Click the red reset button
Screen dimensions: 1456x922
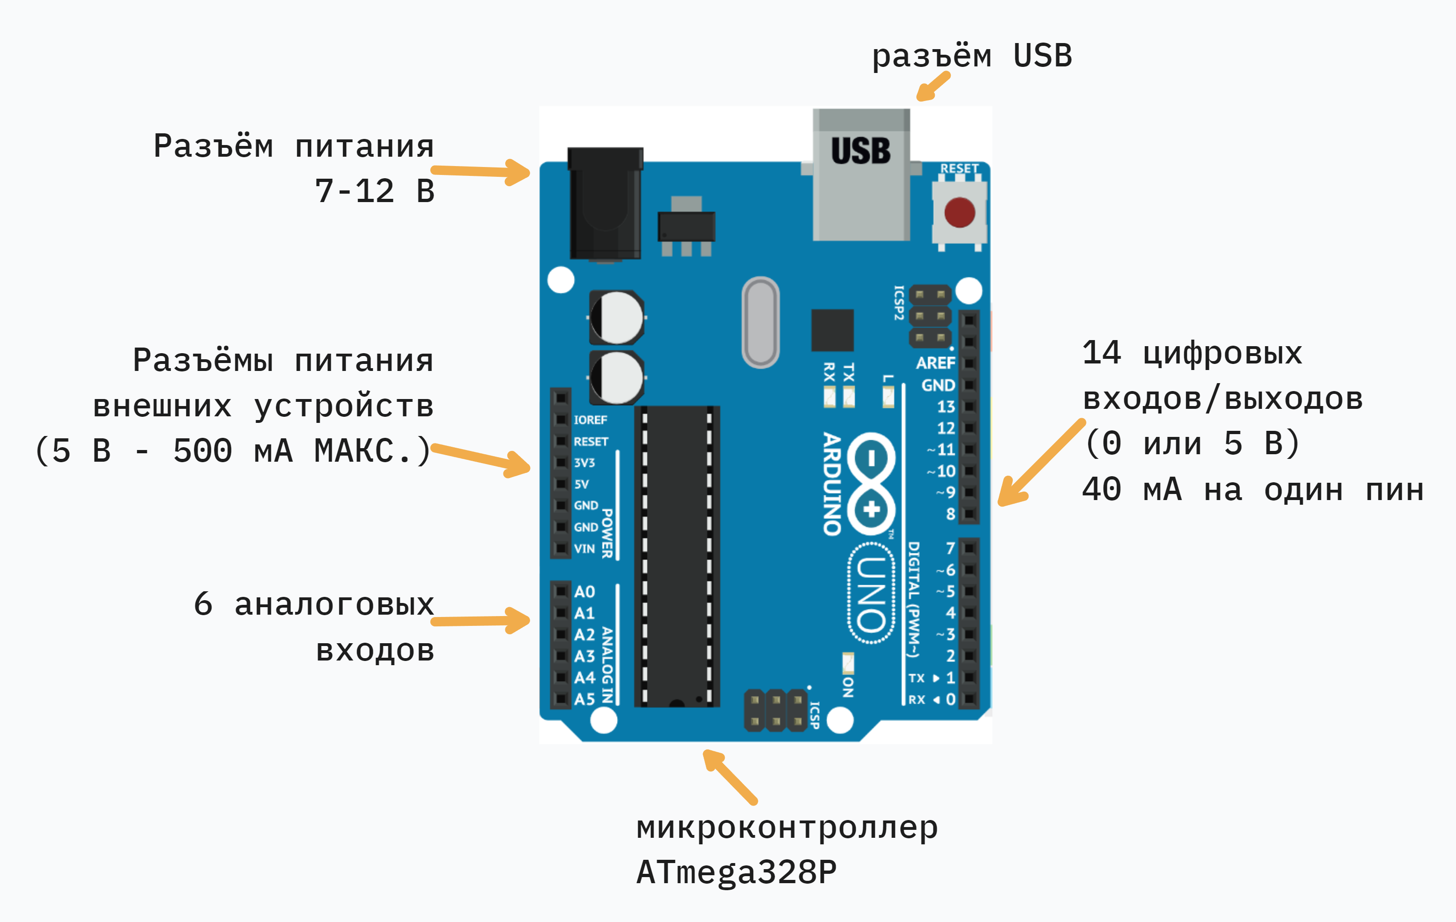[x=960, y=213]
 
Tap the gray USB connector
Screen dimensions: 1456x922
[x=861, y=175]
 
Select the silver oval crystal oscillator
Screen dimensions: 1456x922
[x=761, y=322]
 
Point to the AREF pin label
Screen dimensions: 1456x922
[x=935, y=363]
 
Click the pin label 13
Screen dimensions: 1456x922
[x=946, y=407]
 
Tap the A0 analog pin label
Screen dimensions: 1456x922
[x=584, y=591]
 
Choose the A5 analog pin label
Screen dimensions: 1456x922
[x=584, y=699]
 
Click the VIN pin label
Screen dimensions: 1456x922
[x=584, y=548]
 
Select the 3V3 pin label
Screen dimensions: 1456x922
[x=584, y=463]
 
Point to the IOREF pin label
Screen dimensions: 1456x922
[x=590, y=420]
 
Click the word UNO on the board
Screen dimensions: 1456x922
[x=871, y=594]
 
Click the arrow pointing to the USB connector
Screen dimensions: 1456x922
[x=933, y=87]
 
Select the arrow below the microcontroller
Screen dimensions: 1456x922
[x=730, y=777]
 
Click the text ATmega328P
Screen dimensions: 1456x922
[x=736, y=872]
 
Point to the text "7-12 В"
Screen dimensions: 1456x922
[x=374, y=191]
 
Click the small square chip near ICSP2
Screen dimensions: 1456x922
[x=833, y=330]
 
